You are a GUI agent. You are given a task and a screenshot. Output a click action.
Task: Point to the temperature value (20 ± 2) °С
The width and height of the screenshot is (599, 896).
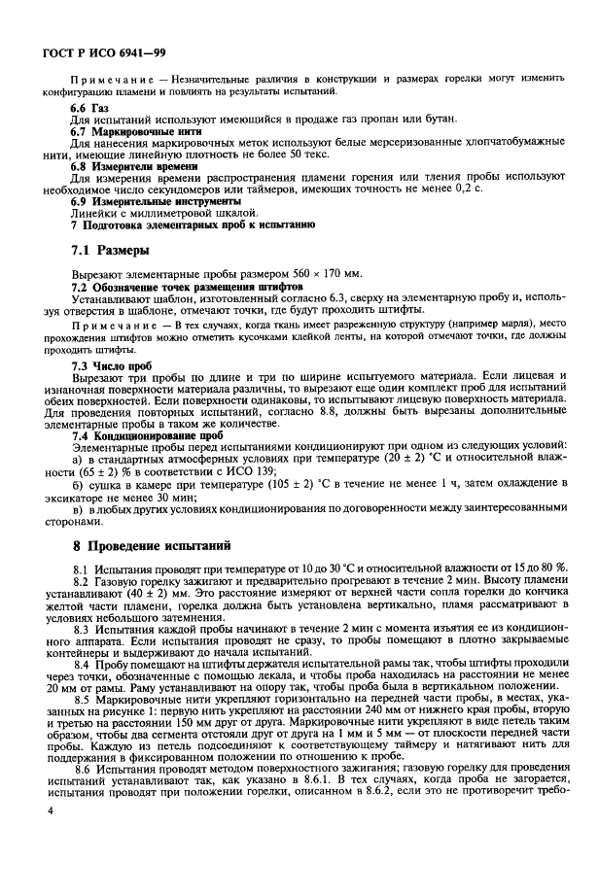point(382,459)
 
